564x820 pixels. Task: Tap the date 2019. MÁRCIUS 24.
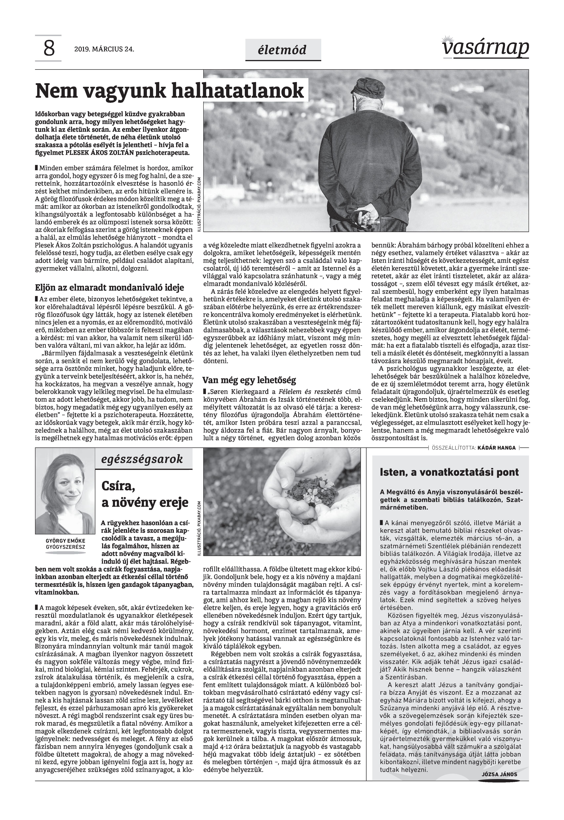tap(104, 49)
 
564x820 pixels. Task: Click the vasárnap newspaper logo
tap(485, 48)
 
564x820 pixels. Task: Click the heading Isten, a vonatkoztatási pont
tap(449, 472)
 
